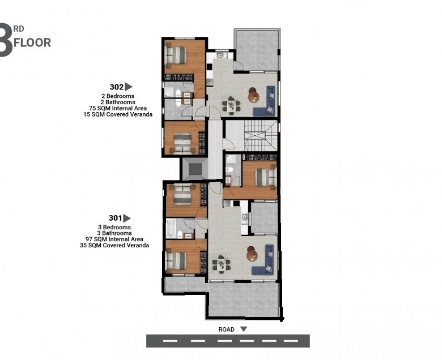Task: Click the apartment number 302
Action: (x=116, y=87)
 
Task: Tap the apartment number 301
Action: (x=115, y=218)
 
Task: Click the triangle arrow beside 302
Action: (x=129, y=87)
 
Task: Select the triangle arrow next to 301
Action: (x=127, y=218)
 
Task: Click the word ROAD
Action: (x=226, y=329)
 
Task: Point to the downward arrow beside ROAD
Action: (x=244, y=329)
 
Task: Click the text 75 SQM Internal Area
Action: (x=118, y=108)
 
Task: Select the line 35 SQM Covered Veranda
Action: (x=114, y=245)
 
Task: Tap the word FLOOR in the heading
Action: (x=32, y=42)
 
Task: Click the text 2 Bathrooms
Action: (x=118, y=102)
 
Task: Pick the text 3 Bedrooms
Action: (x=114, y=227)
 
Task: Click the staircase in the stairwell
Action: (x=257, y=136)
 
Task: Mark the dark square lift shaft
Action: (x=195, y=169)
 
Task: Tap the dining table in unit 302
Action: (x=231, y=105)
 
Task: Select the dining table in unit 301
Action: (x=221, y=264)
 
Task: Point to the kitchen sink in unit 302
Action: (x=220, y=55)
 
